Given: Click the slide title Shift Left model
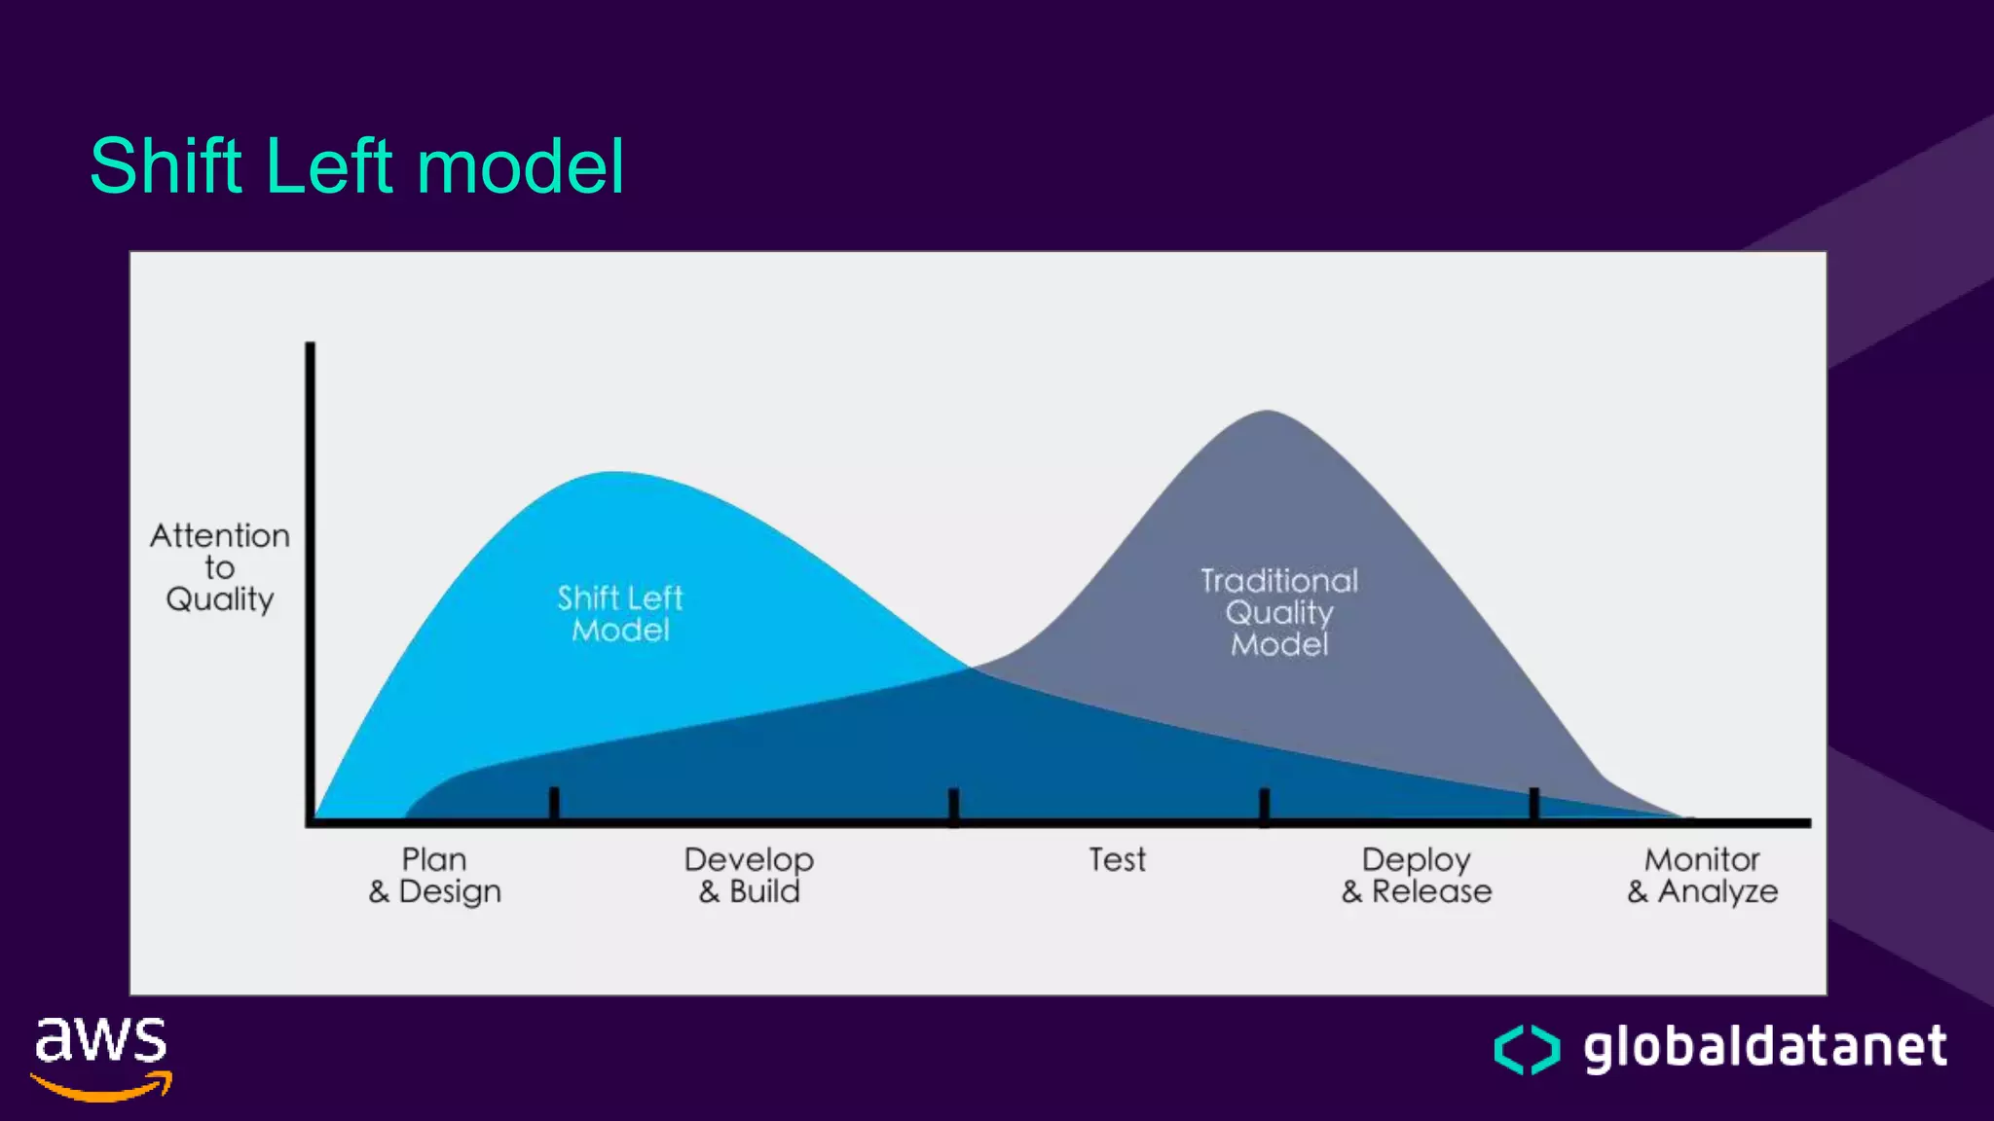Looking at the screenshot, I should [x=356, y=166].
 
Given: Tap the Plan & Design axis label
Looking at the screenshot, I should [x=434, y=875].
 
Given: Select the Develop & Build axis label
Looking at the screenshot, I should [x=749, y=875].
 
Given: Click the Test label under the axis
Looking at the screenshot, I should [x=1117, y=860].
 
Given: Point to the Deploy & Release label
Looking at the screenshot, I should [x=1416, y=875].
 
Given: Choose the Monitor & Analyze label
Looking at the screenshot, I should [x=1702, y=875].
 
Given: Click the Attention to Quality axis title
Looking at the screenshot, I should [x=220, y=567].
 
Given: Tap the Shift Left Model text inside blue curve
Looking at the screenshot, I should [x=620, y=613].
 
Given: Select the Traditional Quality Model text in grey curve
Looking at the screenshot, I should [x=1278, y=612].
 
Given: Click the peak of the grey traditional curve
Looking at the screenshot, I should [x=1268, y=413].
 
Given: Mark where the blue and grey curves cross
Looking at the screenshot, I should [x=971, y=668].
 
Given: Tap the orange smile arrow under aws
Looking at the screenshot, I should [x=103, y=1087].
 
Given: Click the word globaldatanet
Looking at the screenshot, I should [x=1764, y=1047].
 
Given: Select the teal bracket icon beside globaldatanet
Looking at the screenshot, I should [x=1527, y=1049].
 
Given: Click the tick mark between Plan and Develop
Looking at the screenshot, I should [x=554, y=804].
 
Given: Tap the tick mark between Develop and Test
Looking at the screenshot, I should [x=954, y=807].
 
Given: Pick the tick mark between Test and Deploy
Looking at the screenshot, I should [x=1264, y=807].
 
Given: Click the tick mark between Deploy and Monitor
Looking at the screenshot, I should [x=1534, y=805].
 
